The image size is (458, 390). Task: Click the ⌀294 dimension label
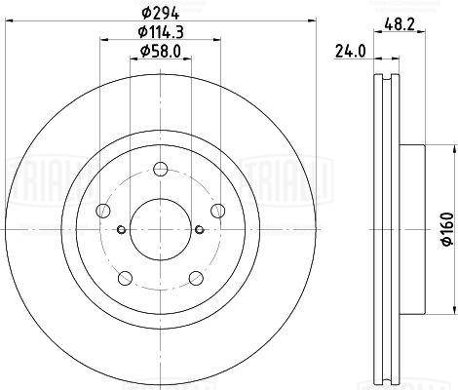click(x=161, y=13)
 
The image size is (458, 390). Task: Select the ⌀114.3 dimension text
click(x=161, y=32)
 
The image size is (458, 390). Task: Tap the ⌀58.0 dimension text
click(x=161, y=51)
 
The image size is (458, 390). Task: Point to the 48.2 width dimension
click(x=400, y=24)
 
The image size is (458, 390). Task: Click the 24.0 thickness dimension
click(x=351, y=52)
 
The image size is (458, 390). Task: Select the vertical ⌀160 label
click(x=447, y=229)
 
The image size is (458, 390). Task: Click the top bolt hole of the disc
click(x=161, y=169)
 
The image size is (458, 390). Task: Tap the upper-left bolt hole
click(x=103, y=211)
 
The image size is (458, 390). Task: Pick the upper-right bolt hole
click(x=217, y=211)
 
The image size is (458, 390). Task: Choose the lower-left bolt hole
click(x=125, y=278)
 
